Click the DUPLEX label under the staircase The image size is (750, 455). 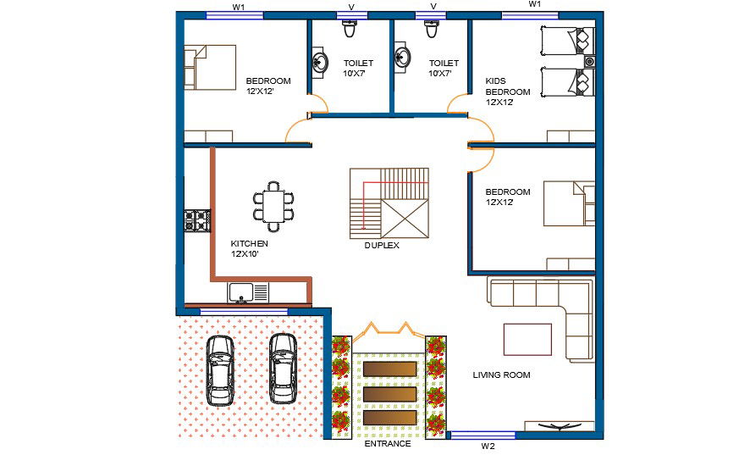[382, 246]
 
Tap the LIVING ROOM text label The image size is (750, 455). [501, 375]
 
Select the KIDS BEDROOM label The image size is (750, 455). [508, 92]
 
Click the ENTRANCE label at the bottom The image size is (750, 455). [387, 444]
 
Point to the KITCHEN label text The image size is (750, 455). [249, 248]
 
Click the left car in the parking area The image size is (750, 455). [220, 370]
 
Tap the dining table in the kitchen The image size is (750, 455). [273, 206]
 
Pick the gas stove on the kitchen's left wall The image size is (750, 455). [196, 220]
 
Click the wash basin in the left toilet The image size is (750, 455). [321, 62]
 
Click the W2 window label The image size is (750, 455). [488, 446]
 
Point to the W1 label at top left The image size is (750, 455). [239, 6]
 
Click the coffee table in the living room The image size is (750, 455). [527, 340]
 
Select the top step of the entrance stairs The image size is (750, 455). [389, 369]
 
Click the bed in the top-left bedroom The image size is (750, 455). [212, 67]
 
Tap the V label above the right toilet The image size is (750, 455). [433, 6]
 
